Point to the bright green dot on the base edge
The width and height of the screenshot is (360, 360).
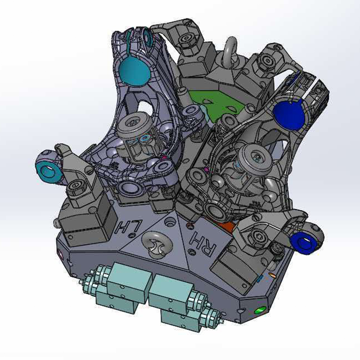tap(260, 310)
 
